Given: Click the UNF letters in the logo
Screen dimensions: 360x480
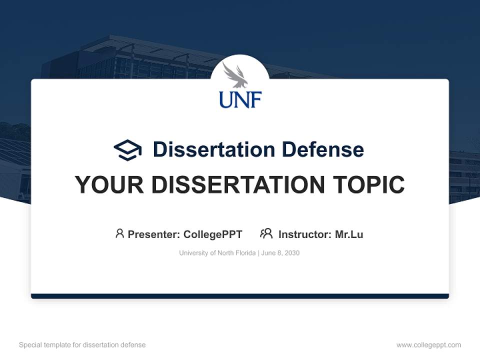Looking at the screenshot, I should [240, 99].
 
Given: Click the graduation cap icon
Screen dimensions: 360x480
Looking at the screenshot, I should [127, 149].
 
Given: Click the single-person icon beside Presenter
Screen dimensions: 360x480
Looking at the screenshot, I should [119, 233].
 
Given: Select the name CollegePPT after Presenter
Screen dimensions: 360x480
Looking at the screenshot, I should [213, 234].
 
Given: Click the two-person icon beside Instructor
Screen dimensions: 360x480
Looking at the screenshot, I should [266, 233].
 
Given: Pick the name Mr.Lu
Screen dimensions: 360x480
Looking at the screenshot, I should [349, 234].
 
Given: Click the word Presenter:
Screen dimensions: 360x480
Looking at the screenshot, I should [154, 234].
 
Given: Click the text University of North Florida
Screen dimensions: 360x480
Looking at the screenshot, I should [217, 253].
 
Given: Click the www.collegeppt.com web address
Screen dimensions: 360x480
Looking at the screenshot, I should [428, 345].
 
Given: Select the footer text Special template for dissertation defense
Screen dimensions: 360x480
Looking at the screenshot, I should [82, 345].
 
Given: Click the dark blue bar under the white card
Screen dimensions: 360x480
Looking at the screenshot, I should [240, 296].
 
